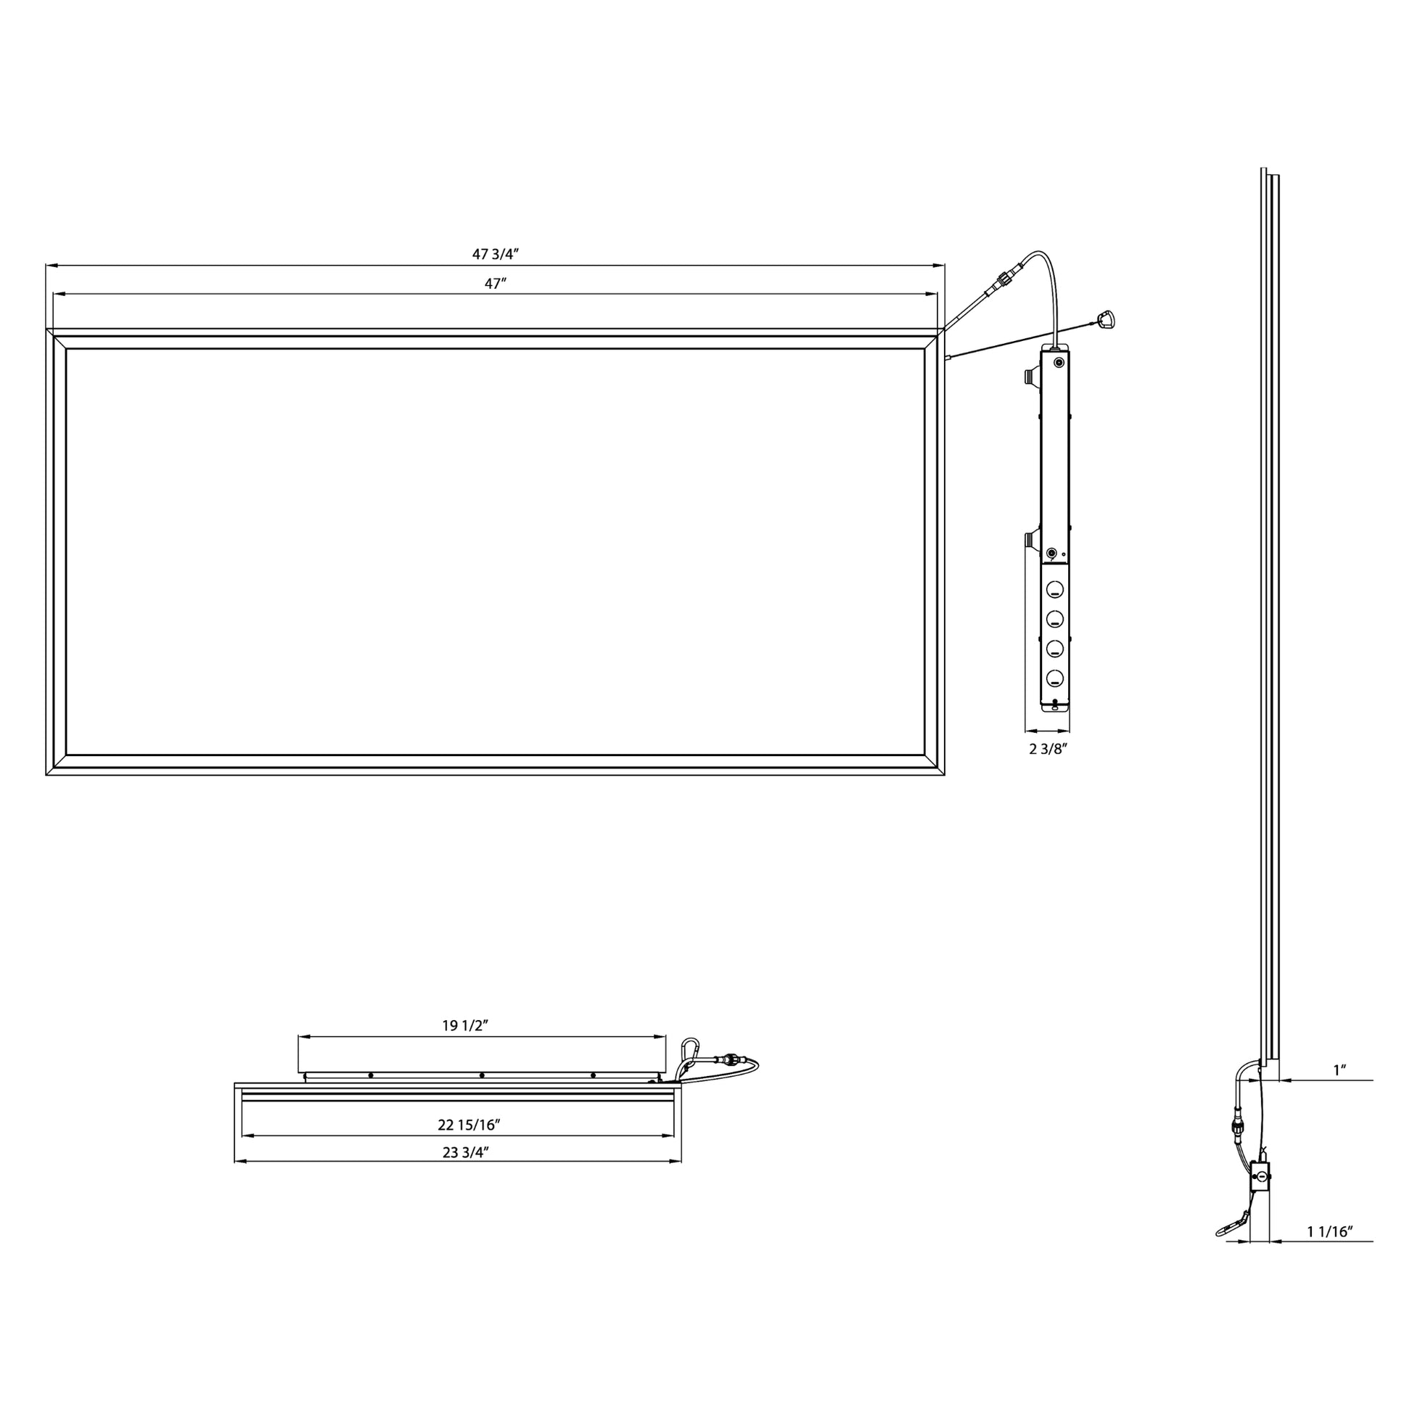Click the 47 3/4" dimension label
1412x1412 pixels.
click(495, 255)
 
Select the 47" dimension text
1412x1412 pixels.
click(496, 284)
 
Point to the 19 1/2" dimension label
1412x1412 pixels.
click(465, 1025)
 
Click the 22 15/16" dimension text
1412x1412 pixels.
click(469, 1125)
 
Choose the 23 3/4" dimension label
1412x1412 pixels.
click(465, 1152)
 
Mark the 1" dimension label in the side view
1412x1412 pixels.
click(1339, 1070)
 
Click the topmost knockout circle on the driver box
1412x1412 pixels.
click(1054, 588)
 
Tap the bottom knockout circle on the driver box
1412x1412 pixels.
click(1054, 678)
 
